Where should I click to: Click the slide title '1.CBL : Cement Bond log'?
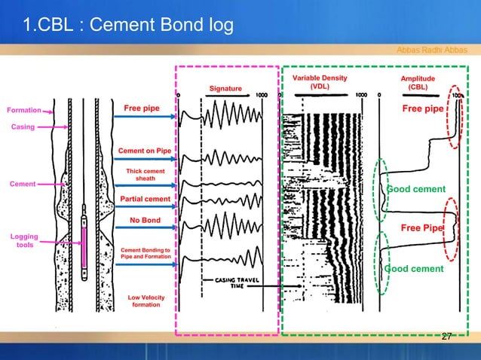pos(128,28)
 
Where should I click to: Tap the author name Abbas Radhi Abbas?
pos(432,50)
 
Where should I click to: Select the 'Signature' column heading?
pos(225,89)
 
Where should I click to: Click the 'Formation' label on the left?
pos(23,110)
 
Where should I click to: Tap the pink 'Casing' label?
pos(23,127)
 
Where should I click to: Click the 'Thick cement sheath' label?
pos(145,175)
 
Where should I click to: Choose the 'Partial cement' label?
pos(145,199)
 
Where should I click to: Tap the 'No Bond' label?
pos(145,221)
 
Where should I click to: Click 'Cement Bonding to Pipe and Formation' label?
pos(145,253)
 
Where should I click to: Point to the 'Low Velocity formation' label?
pos(145,301)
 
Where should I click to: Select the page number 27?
pos(446,336)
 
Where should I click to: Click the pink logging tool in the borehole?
pos(84,243)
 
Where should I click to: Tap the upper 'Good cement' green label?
pos(415,189)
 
